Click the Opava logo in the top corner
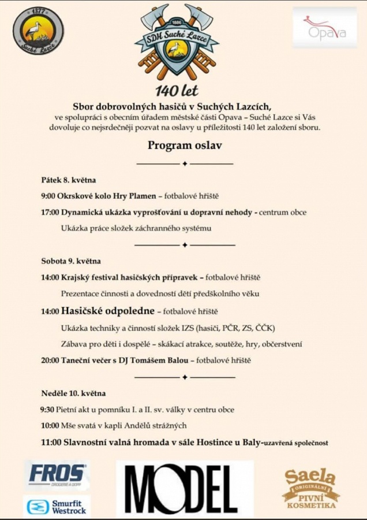point(324,27)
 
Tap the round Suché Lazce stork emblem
point(38,31)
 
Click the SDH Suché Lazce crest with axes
point(177,43)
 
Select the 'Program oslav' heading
point(185,146)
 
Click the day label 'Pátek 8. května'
point(68,180)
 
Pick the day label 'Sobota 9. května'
point(70,261)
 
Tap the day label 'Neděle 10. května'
point(73,393)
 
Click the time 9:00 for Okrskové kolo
point(48,196)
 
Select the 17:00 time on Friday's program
point(50,212)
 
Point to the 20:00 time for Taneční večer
point(50,361)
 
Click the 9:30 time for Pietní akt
point(48,410)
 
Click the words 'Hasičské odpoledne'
point(107,311)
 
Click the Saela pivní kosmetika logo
point(310,488)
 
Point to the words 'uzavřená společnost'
point(295,443)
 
